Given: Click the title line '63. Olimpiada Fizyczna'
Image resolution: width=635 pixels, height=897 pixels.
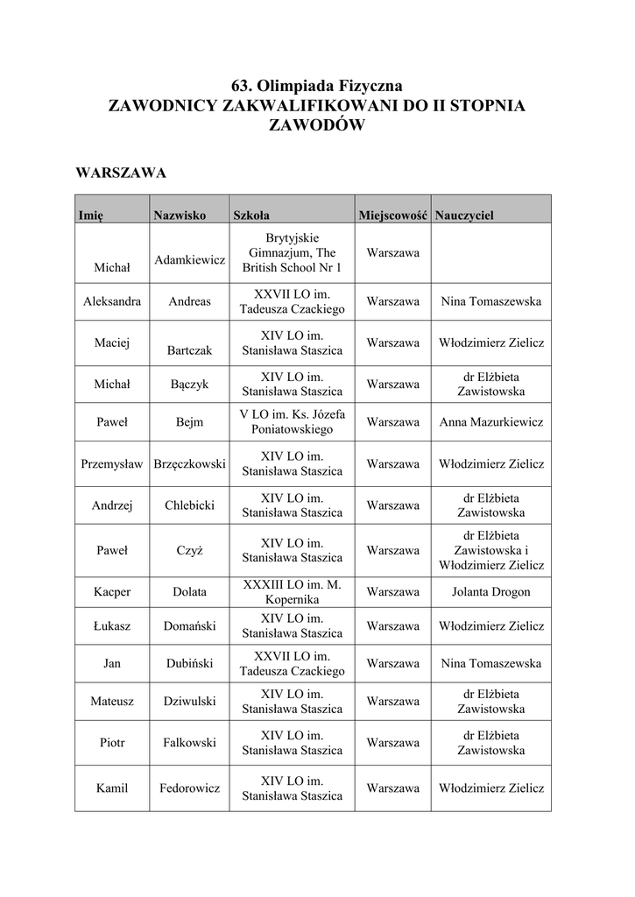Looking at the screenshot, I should tap(316, 86).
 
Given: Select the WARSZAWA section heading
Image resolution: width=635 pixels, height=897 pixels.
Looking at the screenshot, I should tap(121, 173).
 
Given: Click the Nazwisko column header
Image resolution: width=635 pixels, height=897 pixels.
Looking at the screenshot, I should tap(179, 215).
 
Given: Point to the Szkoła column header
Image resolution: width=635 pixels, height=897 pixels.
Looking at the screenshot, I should tap(251, 215).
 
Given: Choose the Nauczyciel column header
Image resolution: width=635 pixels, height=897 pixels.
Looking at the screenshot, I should tap(464, 215).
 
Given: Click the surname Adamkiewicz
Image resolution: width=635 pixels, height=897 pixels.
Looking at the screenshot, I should tap(190, 260).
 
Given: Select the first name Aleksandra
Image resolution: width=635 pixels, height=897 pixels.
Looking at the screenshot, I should tap(112, 301).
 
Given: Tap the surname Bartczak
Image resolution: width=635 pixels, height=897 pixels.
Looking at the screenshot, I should tap(190, 350).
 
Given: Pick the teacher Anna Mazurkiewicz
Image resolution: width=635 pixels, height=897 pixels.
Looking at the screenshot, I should tap(491, 422).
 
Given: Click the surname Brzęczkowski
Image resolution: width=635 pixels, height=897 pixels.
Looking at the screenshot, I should tap(190, 464).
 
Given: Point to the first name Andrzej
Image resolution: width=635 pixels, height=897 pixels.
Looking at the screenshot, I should tap(112, 505).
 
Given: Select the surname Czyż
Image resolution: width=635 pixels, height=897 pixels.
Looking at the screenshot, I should tap(190, 551).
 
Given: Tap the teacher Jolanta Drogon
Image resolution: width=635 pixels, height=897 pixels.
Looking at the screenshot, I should tap(491, 592).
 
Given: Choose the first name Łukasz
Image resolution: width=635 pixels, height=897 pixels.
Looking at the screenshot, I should tap(112, 626).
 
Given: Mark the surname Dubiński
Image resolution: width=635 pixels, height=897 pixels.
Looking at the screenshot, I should tap(190, 664).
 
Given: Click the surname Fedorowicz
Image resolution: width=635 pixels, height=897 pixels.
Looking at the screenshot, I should tap(190, 788).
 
